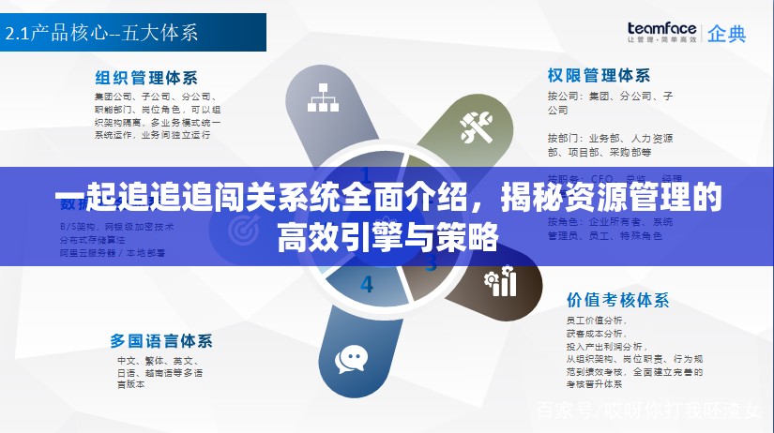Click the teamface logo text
[661, 29]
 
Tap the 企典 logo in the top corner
[727, 35]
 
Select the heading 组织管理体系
[146, 77]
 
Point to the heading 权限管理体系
[599, 75]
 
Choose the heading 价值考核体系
[617, 300]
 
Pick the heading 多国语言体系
[161, 339]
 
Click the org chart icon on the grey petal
[323, 97]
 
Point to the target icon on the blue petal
[245, 227]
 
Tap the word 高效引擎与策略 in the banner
[387, 237]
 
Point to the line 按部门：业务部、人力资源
[610, 138]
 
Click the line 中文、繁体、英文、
[155, 360]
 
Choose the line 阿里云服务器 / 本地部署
[113, 252]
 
